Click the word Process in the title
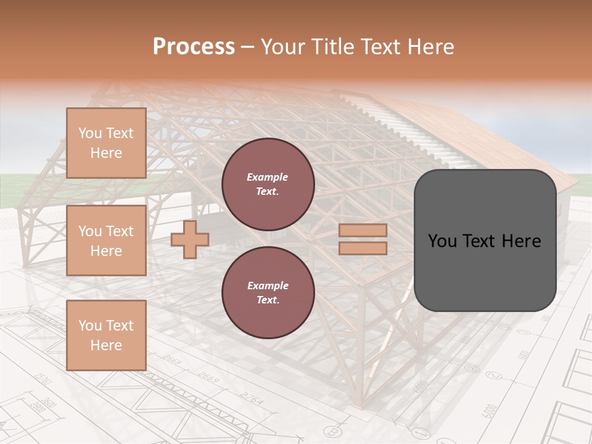194,47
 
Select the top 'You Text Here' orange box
106,143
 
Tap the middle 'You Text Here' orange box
106,240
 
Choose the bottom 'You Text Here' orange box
106,335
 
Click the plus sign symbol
190,239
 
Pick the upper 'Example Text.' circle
268,184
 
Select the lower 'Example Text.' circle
268,293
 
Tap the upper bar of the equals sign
363,231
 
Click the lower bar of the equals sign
363,248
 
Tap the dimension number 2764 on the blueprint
252,399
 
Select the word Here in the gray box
523,241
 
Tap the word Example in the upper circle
267,177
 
